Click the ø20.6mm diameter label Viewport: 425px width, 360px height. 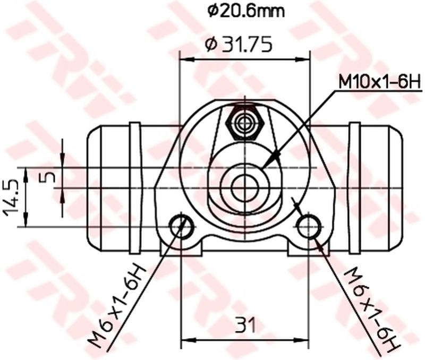[246, 11]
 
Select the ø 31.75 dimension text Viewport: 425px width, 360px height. [238, 45]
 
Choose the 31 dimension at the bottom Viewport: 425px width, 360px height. [245, 325]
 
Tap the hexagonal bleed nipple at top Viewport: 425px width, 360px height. [245, 124]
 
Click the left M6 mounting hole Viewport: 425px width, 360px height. [181, 226]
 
